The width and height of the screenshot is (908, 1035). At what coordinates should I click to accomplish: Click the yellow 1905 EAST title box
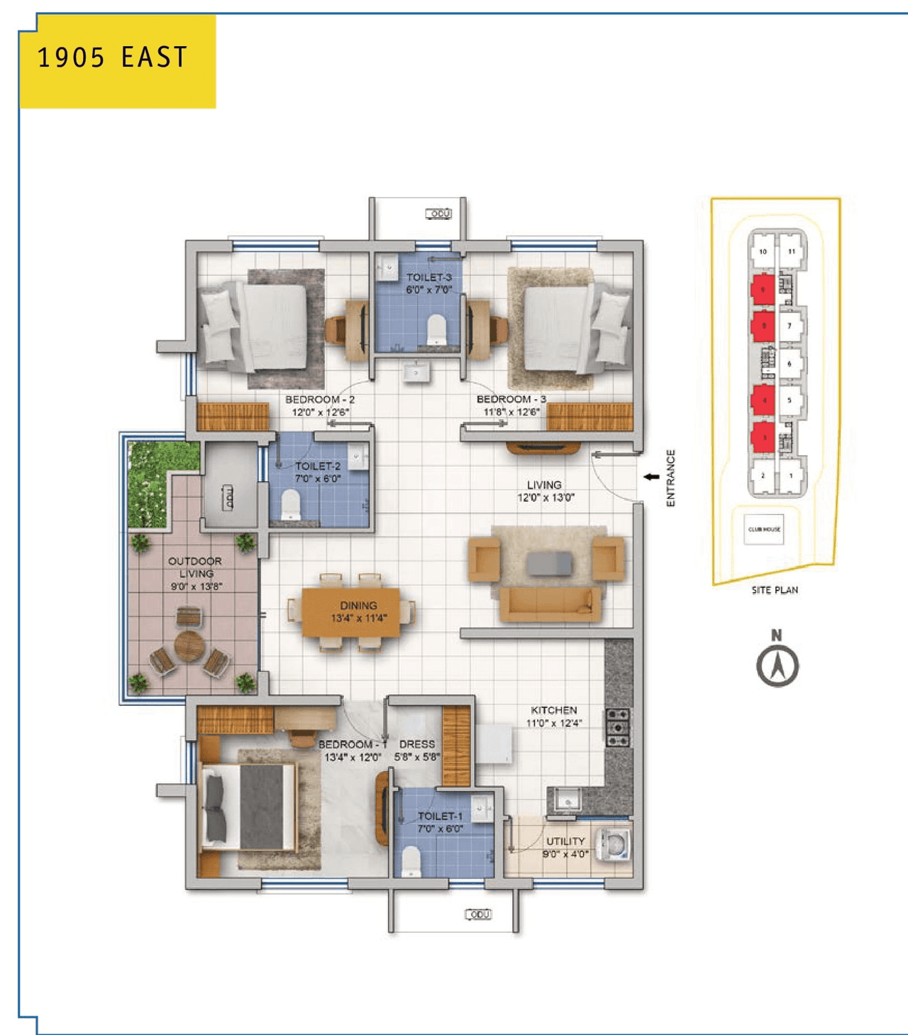[x=118, y=61]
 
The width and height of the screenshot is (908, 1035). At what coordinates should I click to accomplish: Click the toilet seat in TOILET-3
[x=436, y=330]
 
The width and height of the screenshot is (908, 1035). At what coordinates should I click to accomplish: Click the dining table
[x=350, y=611]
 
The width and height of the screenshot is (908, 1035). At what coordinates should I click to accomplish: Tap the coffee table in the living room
[x=549, y=564]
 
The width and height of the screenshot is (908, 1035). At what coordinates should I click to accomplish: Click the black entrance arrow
[x=651, y=477]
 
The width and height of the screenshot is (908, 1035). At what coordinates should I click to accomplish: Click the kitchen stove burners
[x=617, y=727]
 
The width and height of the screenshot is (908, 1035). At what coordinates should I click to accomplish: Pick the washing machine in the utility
[x=614, y=845]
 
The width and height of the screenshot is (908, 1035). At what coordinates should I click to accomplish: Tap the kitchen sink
[x=567, y=801]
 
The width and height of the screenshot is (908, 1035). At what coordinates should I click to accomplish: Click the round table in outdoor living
[x=189, y=646]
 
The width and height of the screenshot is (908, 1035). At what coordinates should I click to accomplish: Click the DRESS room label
[x=417, y=744]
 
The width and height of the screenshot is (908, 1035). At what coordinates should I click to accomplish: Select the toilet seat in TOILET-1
[x=411, y=861]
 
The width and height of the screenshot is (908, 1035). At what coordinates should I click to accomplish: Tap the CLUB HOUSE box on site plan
[x=764, y=529]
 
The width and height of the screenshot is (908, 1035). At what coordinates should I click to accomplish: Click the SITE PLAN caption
[x=775, y=590]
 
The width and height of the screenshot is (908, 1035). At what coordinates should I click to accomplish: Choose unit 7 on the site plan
[x=790, y=326]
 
